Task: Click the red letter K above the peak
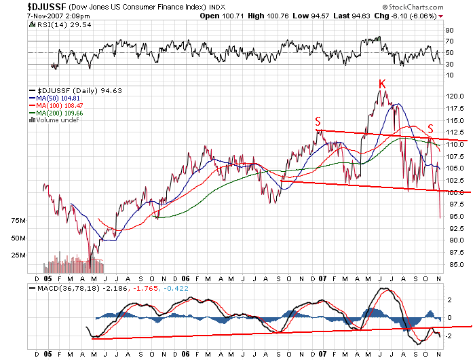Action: point(383,84)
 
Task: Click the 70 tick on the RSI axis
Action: point(449,42)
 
